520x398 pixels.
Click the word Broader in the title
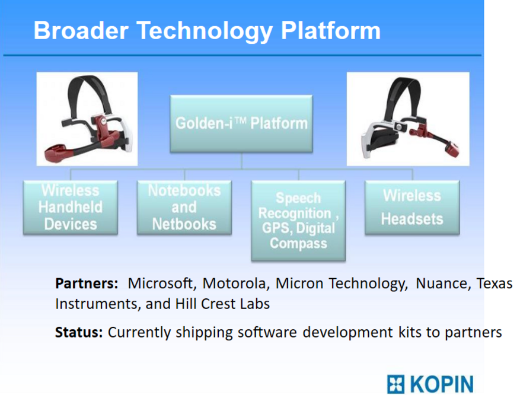point(81,30)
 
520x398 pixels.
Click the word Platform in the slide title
point(331,30)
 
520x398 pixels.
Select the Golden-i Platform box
point(241,124)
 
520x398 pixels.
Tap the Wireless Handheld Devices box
point(71,208)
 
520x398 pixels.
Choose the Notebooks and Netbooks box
point(184,208)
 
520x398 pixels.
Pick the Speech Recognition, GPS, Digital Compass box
point(298,221)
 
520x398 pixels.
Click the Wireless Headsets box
point(412,208)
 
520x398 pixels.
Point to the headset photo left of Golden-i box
point(87,119)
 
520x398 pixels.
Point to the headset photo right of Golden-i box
point(408,119)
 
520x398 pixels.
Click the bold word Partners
point(87,284)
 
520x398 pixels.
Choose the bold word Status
point(79,332)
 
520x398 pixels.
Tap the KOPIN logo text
point(442,385)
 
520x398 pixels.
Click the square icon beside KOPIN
point(395,385)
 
